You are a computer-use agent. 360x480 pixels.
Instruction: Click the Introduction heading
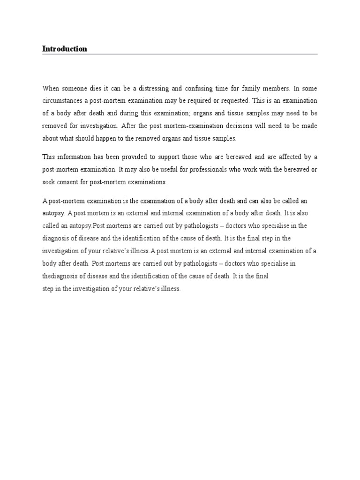[65, 49]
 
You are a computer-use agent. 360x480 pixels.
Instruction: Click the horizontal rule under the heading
[180, 54]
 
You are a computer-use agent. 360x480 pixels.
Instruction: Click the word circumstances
[64, 100]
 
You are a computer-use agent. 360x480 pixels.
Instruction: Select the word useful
[178, 169]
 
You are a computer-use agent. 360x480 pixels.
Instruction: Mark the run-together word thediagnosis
[61, 276]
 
